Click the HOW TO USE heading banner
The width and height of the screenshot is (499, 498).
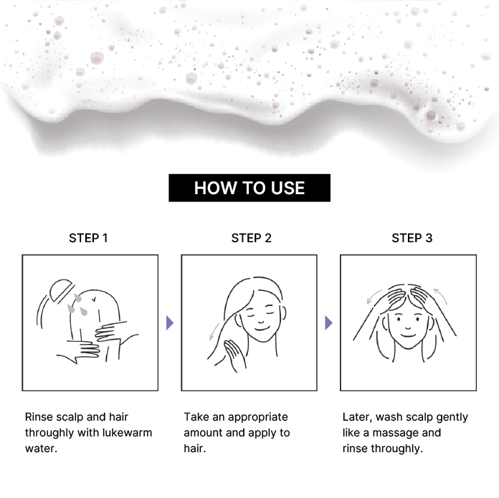(x=249, y=188)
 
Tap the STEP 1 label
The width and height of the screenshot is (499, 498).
(x=88, y=238)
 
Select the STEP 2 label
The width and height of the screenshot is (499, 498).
(x=252, y=238)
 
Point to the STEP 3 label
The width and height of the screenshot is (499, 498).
(x=412, y=238)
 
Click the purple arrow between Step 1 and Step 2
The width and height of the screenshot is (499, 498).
(x=170, y=322)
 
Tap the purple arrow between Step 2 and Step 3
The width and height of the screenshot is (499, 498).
(x=328, y=322)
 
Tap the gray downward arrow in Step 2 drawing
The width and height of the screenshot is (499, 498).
(x=214, y=332)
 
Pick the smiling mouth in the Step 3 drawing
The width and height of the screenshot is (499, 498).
(x=408, y=335)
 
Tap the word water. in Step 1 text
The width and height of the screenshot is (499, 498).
(x=41, y=449)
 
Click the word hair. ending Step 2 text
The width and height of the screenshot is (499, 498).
(x=195, y=449)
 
